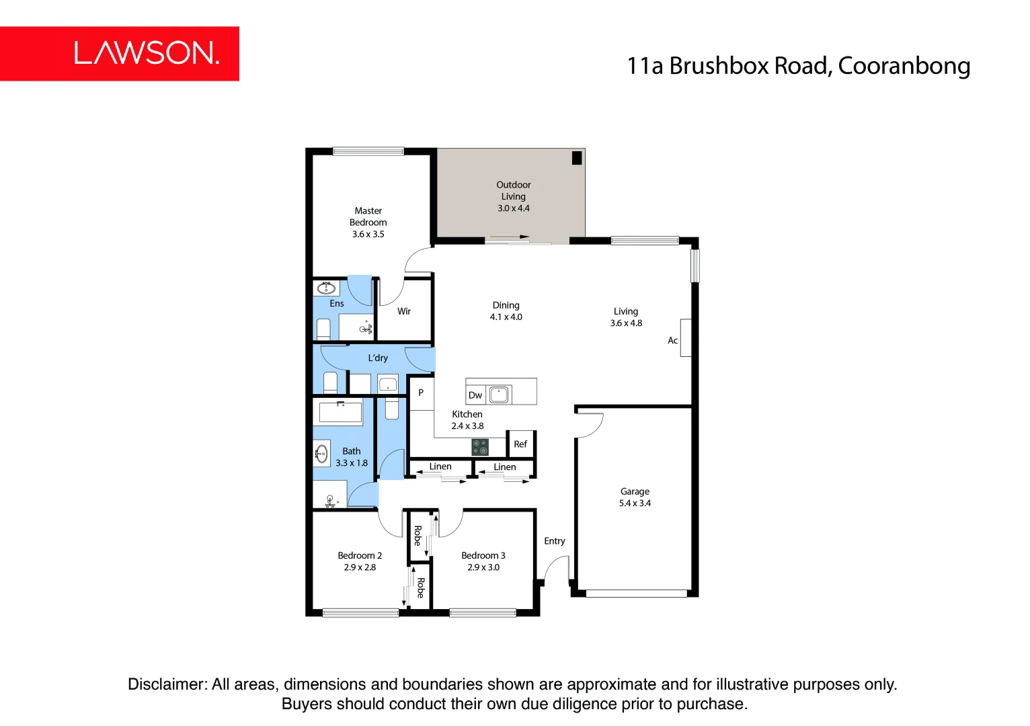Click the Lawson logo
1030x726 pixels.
click(x=146, y=53)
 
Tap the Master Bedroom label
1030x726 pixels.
click(x=368, y=216)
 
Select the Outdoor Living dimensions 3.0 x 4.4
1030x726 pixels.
click(x=514, y=208)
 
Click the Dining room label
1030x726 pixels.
click(x=506, y=305)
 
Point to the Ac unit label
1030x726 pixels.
click(x=672, y=341)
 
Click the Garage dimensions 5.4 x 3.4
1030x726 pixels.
click(x=635, y=503)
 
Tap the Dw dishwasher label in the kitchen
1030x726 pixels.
click(x=475, y=395)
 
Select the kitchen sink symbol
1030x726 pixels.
click(x=499, y=395)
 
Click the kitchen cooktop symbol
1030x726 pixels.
click(x=480, y=447)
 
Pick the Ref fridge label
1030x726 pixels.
click(x=520, y=444)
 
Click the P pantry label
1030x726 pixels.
click(x=421, y=393)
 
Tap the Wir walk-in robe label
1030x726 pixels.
click(x=404, y=311)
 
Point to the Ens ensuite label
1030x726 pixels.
click(x=337, y=304)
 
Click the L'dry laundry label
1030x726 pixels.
click(x=378, y=358)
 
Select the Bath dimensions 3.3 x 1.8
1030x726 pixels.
click(x=352, y=463)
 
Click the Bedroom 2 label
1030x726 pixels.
click(x=360, y=556)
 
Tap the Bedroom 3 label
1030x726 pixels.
click(x=483, y=556)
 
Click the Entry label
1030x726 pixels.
click(x=555, y=541)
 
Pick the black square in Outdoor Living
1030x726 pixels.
click(x=577, y=159)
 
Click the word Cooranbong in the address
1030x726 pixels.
click(x=904, y=66)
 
